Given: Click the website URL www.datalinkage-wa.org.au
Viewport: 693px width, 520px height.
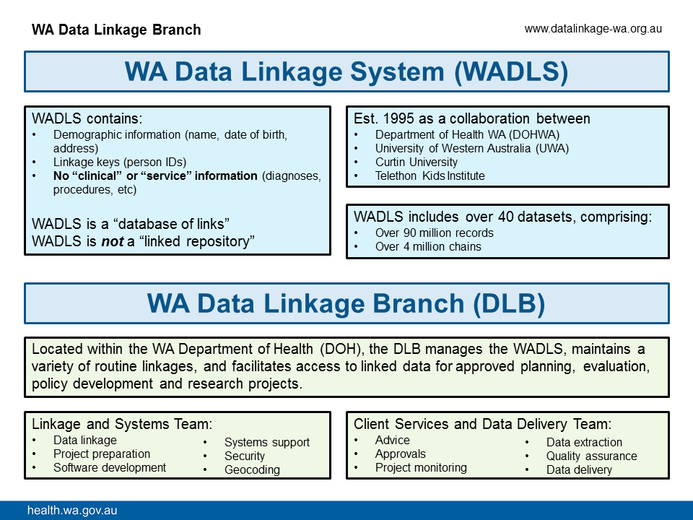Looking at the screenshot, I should [x=593, y=29].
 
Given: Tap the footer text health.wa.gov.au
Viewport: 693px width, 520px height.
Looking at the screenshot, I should [x=72, y=511].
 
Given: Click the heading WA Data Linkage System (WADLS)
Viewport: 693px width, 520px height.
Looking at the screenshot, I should [x=346, y=71].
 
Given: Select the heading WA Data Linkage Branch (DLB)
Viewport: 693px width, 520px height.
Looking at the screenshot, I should [x=346, y=303].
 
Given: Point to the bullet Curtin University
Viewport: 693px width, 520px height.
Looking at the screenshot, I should [x=416, y=162].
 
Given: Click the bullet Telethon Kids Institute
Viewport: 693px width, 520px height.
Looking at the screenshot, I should [x=430, y=175].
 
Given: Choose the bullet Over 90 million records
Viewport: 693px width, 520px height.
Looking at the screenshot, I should [x=434, y=233].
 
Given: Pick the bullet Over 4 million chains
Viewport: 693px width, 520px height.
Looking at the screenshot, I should [x=428, y=246].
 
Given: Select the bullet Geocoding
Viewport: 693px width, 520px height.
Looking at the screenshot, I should [x=252, y=469].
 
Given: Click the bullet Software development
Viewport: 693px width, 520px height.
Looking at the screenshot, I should [x=109, y=467].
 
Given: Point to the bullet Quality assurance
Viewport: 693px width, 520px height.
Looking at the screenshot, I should [x=591, y=456].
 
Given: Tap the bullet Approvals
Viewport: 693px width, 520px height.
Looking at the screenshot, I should [x=400, y=454].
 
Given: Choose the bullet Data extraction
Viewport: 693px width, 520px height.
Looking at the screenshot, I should [x=583, y=442].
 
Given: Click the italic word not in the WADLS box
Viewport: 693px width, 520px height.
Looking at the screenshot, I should [x=112, y=241].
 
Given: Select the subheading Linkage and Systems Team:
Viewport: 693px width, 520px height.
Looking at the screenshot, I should [x=122, y=424].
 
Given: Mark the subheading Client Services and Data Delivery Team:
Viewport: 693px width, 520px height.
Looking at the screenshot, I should [x=482, y=424].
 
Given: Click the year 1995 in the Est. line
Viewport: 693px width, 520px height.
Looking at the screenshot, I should [x=399, y=118].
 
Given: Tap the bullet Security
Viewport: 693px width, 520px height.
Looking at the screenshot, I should [x=244, y=456].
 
